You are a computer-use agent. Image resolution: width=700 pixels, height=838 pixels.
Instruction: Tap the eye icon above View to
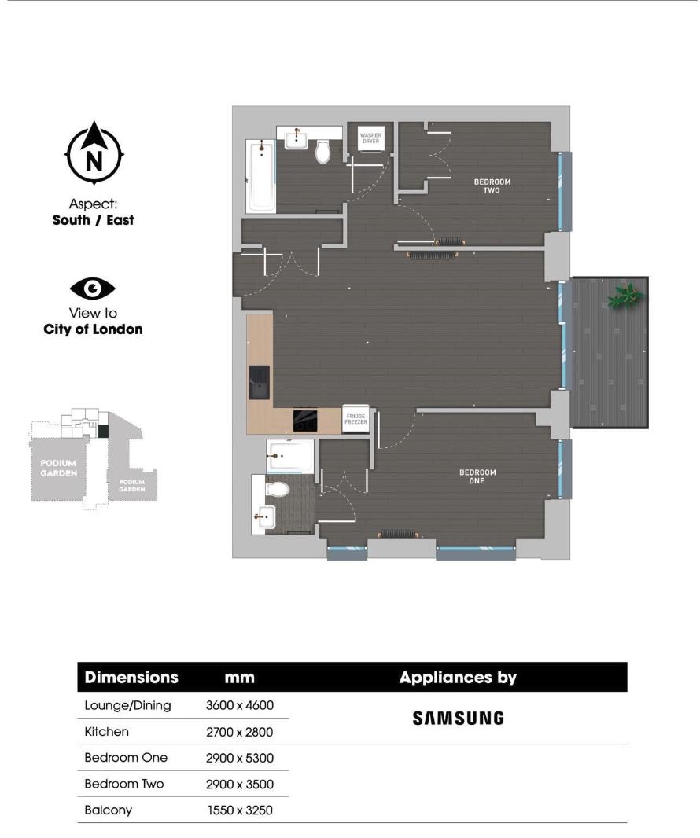93,289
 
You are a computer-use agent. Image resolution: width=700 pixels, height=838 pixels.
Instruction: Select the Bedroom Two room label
492,186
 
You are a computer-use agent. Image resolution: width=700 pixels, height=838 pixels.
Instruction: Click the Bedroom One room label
477,476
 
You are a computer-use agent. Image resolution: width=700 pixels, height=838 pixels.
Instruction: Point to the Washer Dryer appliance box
370,138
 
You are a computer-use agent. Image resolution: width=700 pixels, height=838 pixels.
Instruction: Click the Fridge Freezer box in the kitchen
356,419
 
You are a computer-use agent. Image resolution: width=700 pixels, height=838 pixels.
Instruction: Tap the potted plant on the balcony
626,296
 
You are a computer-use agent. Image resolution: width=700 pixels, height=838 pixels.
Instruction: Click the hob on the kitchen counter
305,420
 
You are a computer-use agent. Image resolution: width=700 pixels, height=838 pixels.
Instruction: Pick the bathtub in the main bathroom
261,178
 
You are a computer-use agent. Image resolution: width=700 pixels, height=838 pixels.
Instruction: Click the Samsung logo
458,718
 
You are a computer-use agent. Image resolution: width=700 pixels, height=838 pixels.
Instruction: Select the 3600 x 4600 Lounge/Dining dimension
239,705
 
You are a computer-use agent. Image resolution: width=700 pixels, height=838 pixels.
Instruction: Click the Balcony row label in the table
108,810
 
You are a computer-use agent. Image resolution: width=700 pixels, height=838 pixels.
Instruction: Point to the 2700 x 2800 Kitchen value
239,732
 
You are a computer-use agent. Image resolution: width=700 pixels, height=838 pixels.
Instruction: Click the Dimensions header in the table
131,678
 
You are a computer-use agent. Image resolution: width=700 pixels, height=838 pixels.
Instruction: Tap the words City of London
93,329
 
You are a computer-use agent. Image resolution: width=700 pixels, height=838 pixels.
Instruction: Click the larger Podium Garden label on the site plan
59,469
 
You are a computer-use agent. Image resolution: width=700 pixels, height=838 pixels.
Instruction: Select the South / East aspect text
93,220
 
